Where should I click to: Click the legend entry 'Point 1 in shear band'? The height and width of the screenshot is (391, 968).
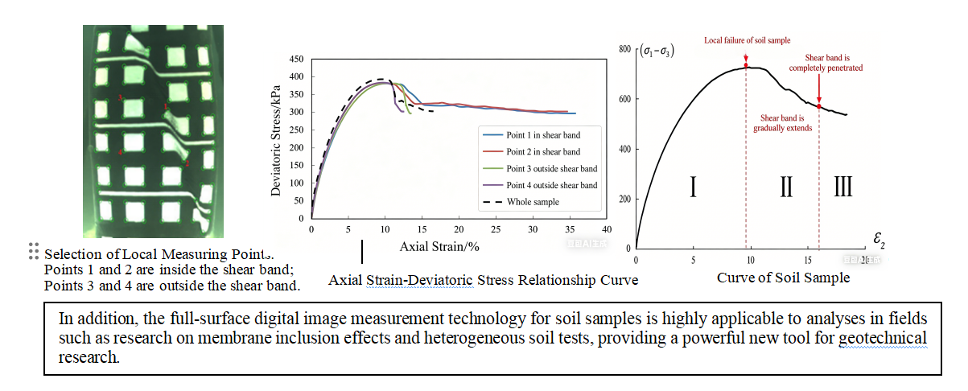coord(542,134)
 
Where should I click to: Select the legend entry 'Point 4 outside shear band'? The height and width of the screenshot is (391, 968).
coord(551,185)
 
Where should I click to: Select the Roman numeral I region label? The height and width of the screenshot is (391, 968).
coord(693,187)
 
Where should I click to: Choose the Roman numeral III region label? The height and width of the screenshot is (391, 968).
coord(842,187)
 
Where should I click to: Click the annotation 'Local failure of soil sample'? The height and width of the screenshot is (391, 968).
coord(747,39)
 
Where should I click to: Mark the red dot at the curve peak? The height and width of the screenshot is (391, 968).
coord(746,65)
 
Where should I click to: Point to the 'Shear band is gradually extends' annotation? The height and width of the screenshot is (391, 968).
coord(782,123)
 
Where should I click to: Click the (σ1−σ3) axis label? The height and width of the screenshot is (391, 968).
coord(657,52)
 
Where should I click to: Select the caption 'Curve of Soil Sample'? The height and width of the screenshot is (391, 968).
coord(783,278)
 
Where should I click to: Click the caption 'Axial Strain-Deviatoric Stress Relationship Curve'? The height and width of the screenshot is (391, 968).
coord(483,280)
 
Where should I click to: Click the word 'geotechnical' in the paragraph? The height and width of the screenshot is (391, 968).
coord(882,337)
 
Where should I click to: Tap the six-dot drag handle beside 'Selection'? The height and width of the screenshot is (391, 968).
coord(33,251)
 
